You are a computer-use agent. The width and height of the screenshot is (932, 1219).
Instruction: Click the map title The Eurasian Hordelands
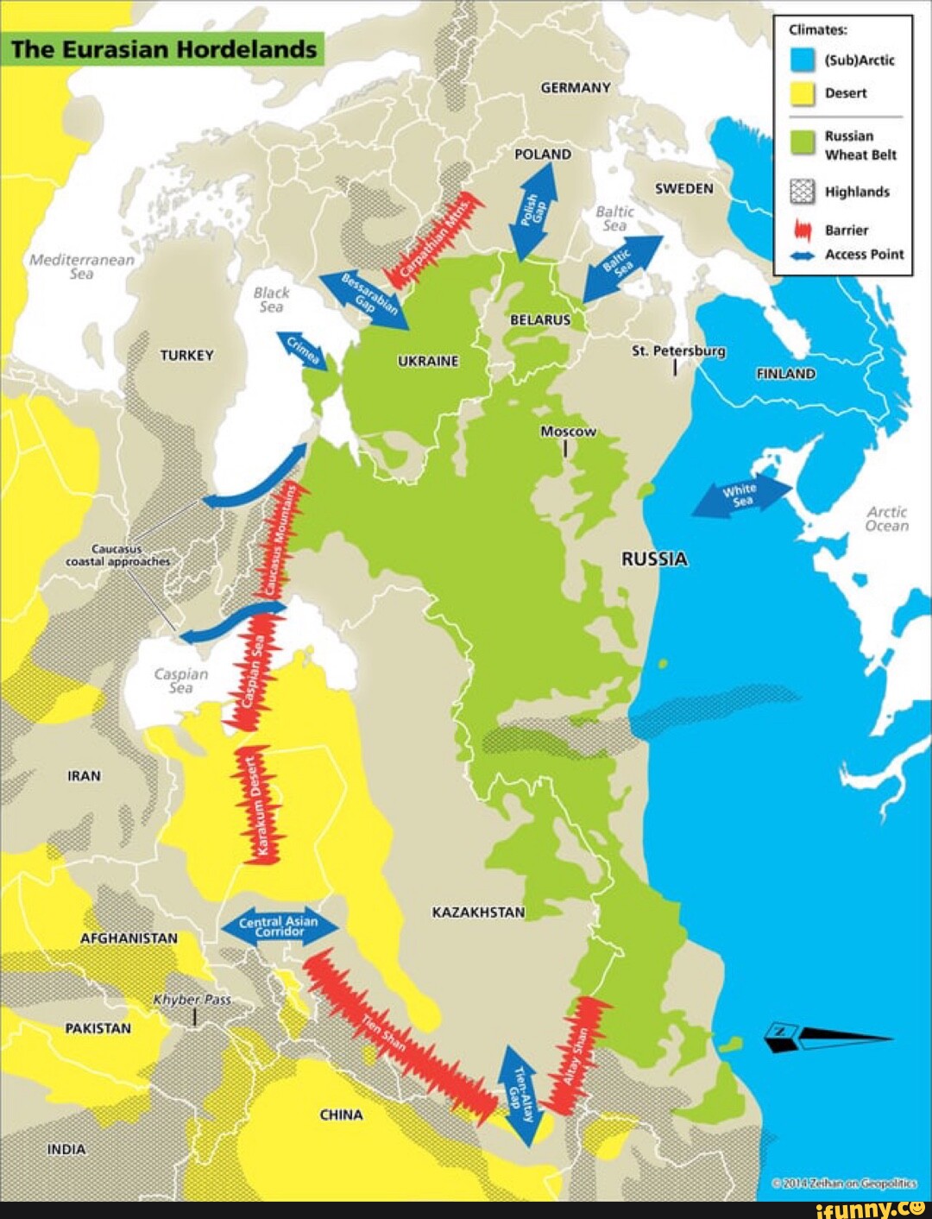click(x=164, y=49)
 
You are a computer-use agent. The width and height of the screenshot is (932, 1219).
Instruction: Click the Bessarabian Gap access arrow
click(x=365, y=300)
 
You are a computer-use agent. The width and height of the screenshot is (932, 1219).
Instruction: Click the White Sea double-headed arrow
click(x=742, y=497)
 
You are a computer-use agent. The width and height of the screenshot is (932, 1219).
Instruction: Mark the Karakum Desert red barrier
click(x=258, y=804)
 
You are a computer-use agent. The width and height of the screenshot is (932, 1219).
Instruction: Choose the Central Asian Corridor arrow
click(x=278, y=926)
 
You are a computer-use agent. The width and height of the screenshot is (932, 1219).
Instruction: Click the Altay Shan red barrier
click(x=579, y=1054)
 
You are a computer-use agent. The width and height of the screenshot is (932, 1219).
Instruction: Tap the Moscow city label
click(x=567, y=432)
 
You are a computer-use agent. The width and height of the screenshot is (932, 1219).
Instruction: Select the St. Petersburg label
click(x=677, y=351)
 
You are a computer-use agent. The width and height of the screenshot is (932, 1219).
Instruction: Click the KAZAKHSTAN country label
click(x=478, y=913)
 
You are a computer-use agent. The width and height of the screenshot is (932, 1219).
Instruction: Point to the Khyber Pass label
click(x=192, y=1000)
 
